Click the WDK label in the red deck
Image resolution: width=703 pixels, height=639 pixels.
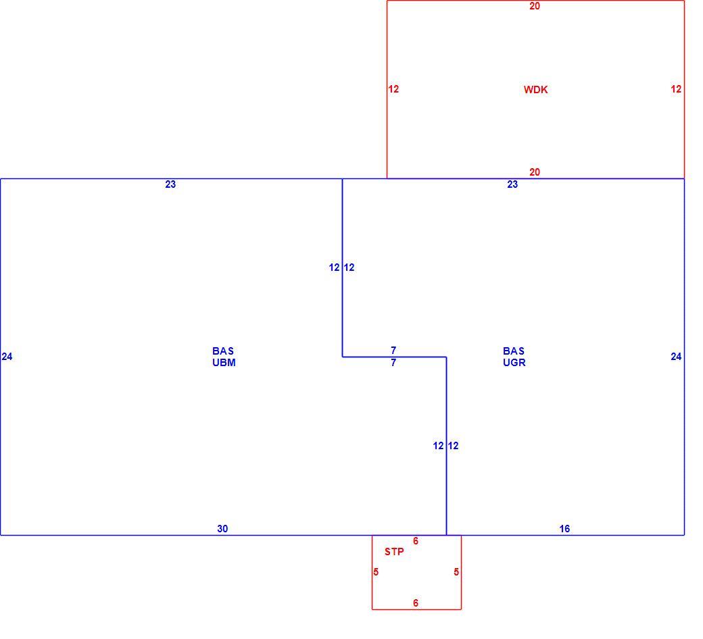535,90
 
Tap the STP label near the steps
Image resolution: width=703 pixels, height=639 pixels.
394,552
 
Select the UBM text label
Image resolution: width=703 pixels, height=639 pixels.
224,363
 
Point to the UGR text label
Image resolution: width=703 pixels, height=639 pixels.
514,363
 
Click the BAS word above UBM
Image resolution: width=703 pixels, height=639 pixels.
223,351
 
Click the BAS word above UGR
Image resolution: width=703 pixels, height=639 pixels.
513,351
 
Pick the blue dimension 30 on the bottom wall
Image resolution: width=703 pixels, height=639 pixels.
222,529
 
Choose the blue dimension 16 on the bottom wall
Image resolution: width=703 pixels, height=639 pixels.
564,529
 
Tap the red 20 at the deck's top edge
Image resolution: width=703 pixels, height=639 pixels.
535,6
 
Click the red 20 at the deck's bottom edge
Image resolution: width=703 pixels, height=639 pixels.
535,172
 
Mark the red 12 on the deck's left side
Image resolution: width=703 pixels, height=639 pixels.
393,89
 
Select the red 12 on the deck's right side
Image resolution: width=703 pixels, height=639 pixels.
676,89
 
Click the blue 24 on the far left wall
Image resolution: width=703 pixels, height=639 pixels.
7,357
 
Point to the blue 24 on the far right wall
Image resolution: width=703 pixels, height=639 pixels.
676,357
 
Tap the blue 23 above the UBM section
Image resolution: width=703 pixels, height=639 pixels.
170,184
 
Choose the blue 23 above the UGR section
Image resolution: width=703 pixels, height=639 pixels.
512,184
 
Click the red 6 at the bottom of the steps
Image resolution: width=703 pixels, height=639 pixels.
416,603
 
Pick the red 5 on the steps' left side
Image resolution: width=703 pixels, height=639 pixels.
376,572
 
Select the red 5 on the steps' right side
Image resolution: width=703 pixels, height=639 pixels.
456,572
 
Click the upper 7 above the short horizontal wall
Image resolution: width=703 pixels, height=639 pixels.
393,351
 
